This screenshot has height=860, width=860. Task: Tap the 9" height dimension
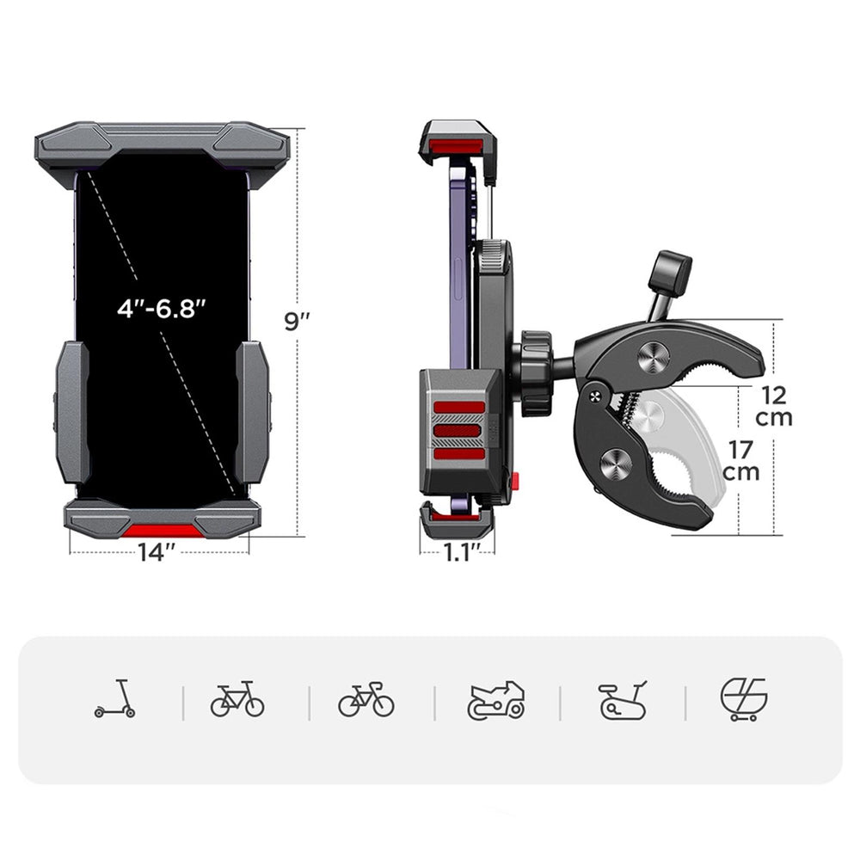(298, 321)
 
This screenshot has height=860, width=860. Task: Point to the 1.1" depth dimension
(457, 552)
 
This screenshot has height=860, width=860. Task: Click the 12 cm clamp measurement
(774, 407)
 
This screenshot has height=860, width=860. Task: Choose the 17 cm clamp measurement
(740, 460)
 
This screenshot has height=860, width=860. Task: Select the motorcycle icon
(495, 700)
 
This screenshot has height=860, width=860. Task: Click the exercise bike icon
(622, 700)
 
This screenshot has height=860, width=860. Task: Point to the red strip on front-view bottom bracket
(162, 529)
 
